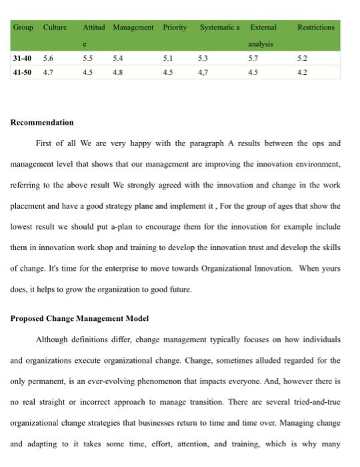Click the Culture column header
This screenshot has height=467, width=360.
click(55, 27)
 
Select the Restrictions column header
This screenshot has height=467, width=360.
click(315, 27)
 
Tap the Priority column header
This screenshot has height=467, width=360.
click(175, 27)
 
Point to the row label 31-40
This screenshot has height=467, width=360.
click(23, 58)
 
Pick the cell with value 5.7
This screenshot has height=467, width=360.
click(253, 58)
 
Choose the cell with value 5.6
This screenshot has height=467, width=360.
click(48, 58)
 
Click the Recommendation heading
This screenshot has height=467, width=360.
click(43, 123)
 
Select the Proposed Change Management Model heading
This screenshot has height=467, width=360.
click(79, 318)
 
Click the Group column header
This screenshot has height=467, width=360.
click(23, 27)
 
